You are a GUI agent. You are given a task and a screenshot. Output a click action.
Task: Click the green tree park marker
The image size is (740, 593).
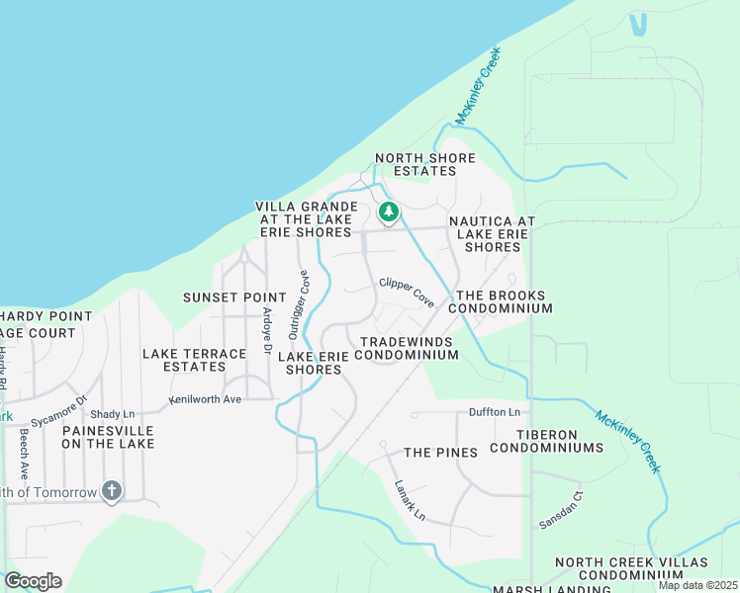click(389, 212)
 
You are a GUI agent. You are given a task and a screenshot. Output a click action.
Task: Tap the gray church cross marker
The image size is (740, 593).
click(112, 491)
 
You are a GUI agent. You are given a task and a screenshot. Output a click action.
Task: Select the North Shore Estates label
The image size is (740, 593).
click(424, 165)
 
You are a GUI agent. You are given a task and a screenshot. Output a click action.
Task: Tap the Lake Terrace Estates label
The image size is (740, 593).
click(194, 360)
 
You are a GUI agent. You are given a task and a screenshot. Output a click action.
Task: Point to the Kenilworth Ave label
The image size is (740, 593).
click(205, 399)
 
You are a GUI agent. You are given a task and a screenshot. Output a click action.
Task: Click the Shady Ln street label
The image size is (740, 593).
click(112, 414)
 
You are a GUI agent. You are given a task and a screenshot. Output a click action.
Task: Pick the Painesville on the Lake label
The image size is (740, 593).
click(108, 437)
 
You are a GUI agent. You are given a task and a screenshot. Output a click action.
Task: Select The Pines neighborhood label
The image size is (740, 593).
click(440, 453)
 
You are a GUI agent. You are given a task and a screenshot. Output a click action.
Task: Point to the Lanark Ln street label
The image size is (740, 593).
click(409, 501)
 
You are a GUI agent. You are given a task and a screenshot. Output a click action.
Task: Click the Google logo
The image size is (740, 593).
click(33, 581)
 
